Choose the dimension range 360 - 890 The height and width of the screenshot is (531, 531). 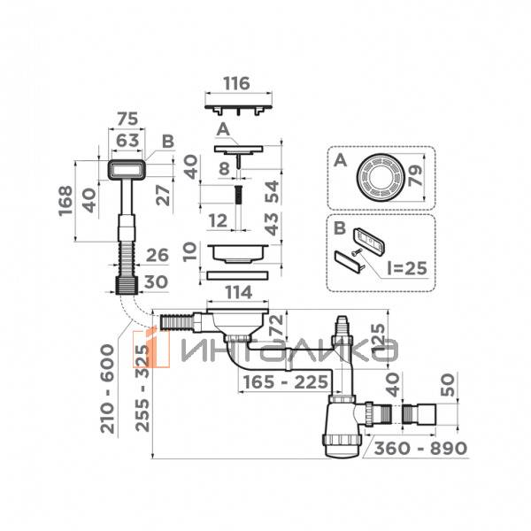pos(419,448)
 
